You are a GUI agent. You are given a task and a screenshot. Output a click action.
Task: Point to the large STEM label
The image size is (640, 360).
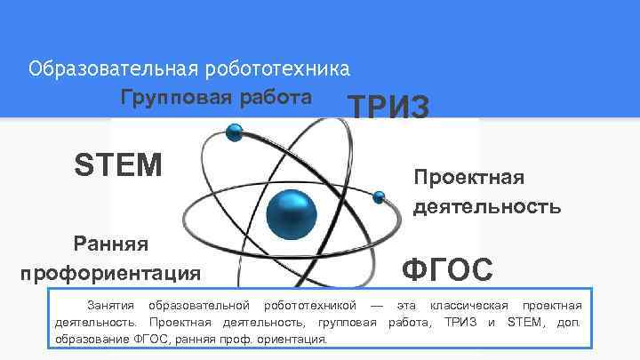click(x=118, y=164)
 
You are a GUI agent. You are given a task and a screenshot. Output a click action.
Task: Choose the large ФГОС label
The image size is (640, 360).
click(x=447, y=268)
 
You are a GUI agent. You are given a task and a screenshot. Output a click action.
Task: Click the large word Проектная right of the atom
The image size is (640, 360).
click(x=468, y=177)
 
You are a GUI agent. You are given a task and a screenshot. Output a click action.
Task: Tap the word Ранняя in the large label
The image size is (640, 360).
click(x=111, y=243)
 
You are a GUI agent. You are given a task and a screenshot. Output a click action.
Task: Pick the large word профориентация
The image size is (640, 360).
click(x=110, y=271)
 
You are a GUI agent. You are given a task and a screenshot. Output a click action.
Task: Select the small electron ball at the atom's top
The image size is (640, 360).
click(x=235, y=133)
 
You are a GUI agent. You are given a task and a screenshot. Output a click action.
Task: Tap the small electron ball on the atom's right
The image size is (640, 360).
click(x=378, y=196)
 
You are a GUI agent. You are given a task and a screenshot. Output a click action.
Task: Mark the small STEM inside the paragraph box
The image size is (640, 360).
click(x=522, y=322)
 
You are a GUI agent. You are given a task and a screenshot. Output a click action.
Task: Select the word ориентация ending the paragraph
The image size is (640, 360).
click(x=295, y=339)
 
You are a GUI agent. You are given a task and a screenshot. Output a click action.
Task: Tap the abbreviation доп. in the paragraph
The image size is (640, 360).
click(x=569, y=322)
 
